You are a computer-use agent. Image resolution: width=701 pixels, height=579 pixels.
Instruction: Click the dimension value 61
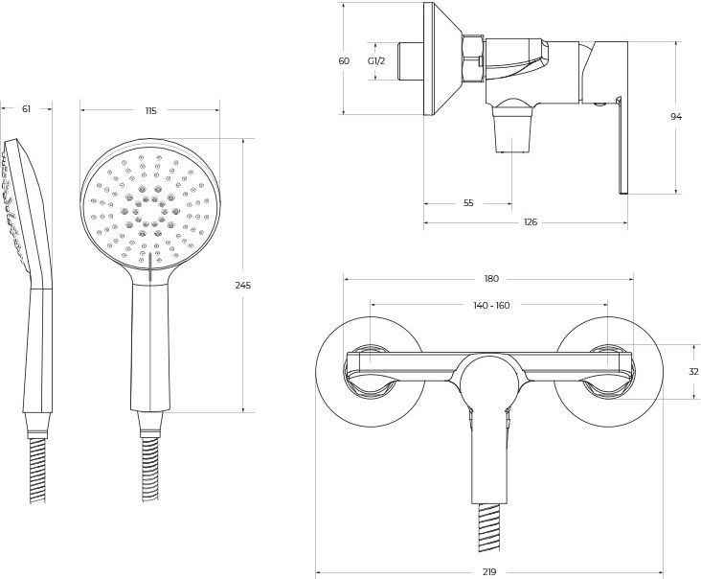[26, 108]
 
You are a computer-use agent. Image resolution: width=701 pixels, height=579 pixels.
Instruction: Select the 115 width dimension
[151, 110]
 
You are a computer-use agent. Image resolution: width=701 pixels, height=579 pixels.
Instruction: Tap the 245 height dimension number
[243, 285]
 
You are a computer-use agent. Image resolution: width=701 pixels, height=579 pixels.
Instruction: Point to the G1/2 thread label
[376, 60]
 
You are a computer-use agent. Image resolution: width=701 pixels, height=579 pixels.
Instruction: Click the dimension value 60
[344, 60]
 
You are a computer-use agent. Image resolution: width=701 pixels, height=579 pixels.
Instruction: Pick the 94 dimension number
[676, 117]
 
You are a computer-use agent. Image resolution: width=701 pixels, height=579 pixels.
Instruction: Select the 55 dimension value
[468, 203]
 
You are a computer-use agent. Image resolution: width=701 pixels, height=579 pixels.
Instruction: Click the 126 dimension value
[531, 222]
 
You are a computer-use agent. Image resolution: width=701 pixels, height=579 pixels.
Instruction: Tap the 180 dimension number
[491, 279]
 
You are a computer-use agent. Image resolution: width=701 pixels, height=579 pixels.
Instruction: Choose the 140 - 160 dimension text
[491, 305]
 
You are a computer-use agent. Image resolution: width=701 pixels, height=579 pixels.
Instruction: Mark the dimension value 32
[694, 371]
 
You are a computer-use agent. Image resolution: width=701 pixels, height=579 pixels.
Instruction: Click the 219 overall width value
[489, 571]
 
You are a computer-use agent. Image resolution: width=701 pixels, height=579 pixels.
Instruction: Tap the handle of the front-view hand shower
[149, 347]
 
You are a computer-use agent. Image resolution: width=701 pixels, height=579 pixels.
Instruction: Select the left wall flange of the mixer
[371, 372]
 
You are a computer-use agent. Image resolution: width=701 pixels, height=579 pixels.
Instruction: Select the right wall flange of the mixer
[608, 372]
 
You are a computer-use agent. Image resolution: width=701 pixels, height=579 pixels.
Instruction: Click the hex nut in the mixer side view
[473, 59]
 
